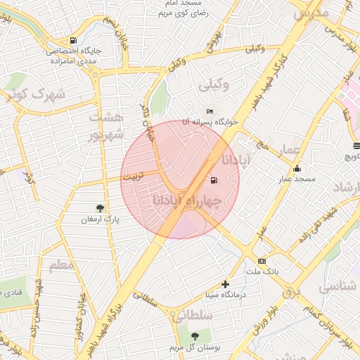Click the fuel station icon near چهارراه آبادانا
(213, 181)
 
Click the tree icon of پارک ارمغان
(100, 208)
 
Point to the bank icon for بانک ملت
(262, 261)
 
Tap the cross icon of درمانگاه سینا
(225, 284)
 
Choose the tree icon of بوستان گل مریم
(195, 335)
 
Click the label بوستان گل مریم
(194, 347)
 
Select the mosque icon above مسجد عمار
(297, 169)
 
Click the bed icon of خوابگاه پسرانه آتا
(209, 111)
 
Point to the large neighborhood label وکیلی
(215, 86)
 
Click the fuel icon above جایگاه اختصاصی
(74, 40)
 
